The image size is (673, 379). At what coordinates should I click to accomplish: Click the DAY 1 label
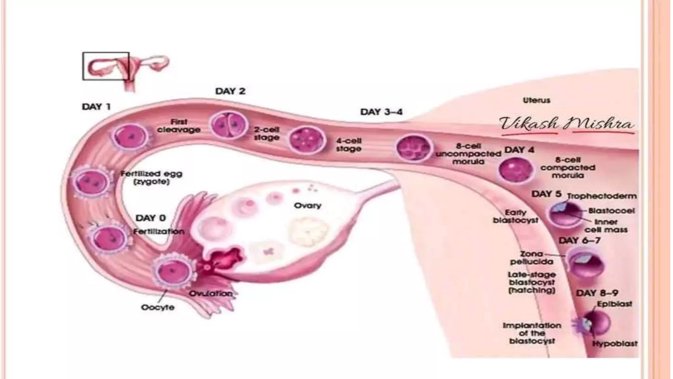pyautogui.click(x=96, y=107)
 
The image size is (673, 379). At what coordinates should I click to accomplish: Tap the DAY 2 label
pyautogui.click(x=230, y=91)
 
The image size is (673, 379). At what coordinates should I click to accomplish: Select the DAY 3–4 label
pyautogui.click(x=381, y=112)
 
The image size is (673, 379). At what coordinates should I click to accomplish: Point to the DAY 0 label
pyautogui.click(x=151, y=218)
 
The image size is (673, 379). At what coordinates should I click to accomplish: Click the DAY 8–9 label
pyautogui.click(x=597, y=293)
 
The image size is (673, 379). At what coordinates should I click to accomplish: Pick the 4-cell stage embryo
pyautogui.click(x=307, y=140)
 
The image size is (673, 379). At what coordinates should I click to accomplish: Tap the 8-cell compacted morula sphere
pyautogui.click(x=515, y=170)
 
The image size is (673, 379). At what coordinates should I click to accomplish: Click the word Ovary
pyautogui.click(x=307, y=206)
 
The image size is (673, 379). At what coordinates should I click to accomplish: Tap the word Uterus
pyautogui.click(x=536, y=100)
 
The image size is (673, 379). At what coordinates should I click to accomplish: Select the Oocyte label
pyautogui.click(x=157, y=308)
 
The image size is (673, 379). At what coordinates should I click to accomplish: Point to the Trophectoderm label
pyautogui.click(x=602, y=196)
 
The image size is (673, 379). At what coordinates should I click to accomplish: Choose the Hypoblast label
pyautogui.click(x=614, y=344)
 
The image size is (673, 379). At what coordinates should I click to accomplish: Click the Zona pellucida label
pyautogui.click(x=531, y=258)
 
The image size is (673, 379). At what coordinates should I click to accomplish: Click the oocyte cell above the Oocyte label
pyautogui.click(x=173, y=271)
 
